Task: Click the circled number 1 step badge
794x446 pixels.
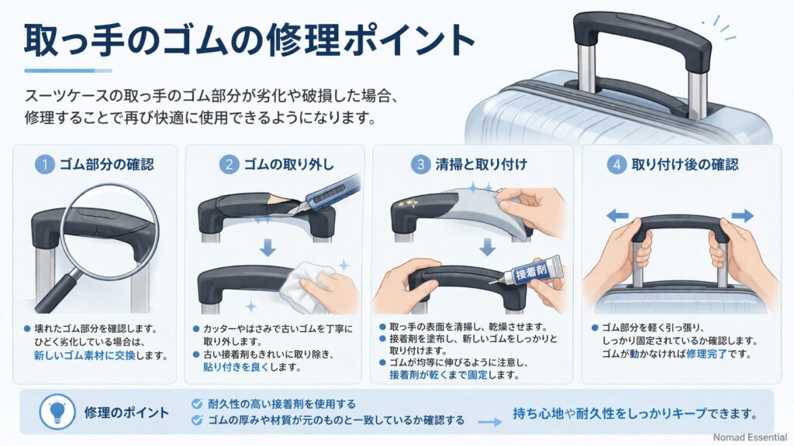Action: (46, 164)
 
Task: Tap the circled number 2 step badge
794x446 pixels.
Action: (229, 164)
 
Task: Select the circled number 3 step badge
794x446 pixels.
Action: (419, 164)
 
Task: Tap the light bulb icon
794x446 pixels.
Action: (57, 411)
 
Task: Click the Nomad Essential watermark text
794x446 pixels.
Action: (750, 437)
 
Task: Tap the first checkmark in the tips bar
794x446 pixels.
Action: (196, 403)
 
